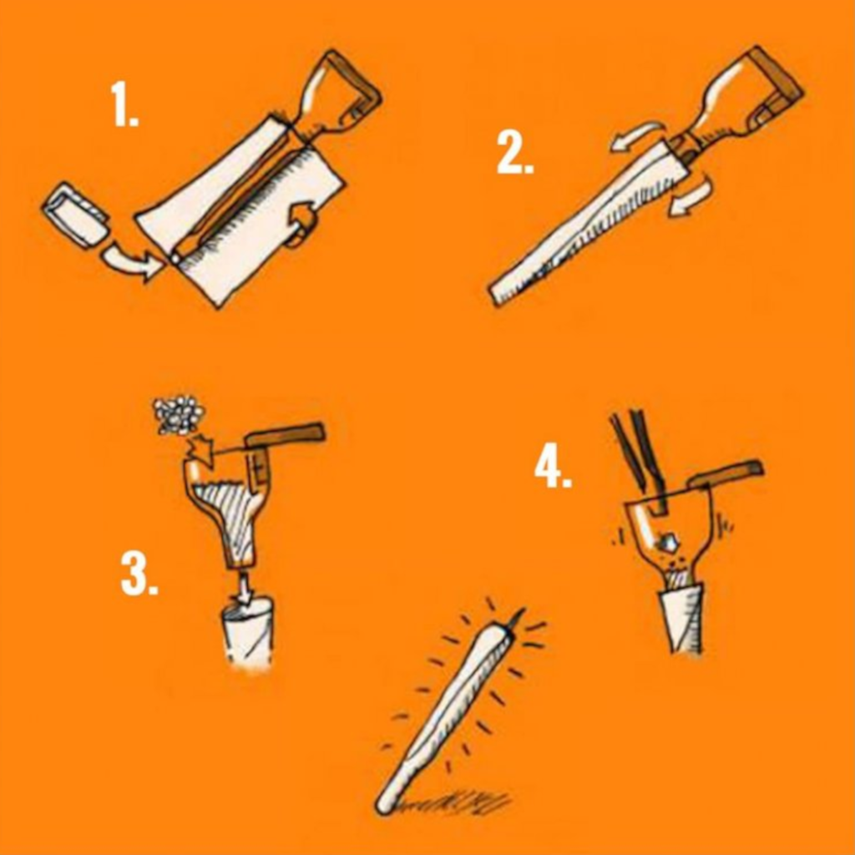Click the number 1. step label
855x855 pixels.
click(124, 105)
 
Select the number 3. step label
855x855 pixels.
click(139, 574)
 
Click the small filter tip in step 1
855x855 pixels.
click(75, 215)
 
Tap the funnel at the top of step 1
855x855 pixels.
click(338, 96)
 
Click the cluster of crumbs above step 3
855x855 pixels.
click(178, 415)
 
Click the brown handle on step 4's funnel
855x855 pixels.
click(725, 473)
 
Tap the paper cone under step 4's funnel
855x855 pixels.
click(682, 618)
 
